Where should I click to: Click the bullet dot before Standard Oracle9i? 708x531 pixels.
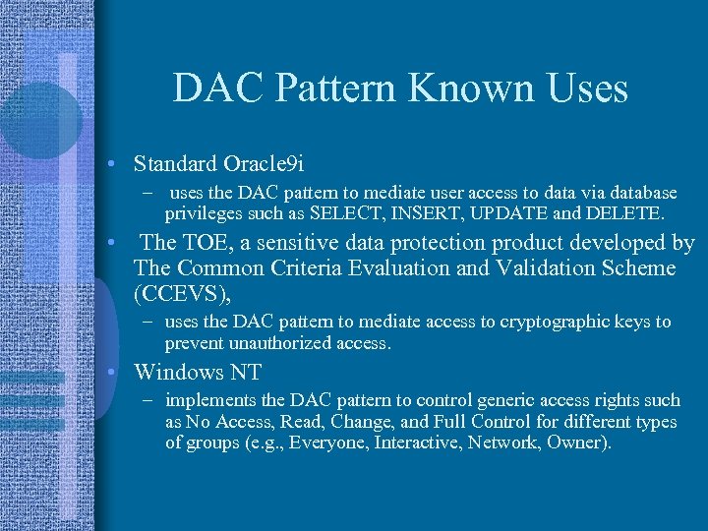115,162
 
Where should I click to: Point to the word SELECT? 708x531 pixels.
340,212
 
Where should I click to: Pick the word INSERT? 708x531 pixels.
415,212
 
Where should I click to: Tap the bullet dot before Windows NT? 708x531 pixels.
115,372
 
